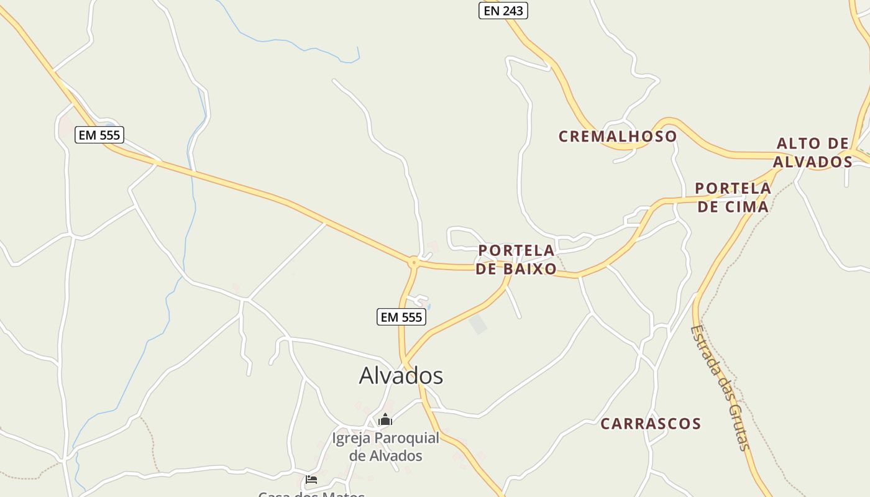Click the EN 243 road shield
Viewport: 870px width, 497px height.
503,11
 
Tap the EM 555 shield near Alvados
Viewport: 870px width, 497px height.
401,317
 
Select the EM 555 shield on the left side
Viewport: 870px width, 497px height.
99,135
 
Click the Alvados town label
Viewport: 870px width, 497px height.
401,376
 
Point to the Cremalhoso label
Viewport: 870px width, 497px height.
617,137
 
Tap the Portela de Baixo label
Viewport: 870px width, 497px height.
516,260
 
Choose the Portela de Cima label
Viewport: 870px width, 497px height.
733,197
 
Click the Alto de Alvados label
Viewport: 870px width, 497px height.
813,153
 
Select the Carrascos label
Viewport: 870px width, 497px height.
651,424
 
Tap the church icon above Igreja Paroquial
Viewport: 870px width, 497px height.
385,420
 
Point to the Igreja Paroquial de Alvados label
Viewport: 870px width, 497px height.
385,447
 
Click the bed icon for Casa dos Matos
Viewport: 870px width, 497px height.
311,480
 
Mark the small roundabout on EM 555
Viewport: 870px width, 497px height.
413,263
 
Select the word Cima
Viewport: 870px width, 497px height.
746,206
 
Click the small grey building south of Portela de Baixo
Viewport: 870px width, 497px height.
478,324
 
